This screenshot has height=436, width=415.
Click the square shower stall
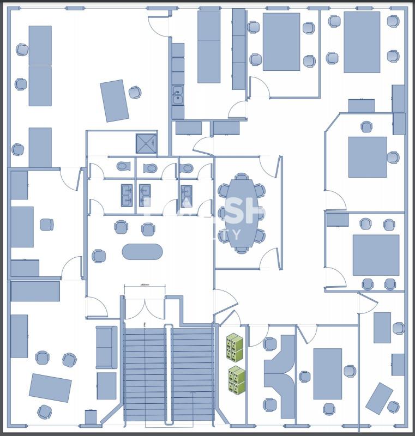(x=146, y=143)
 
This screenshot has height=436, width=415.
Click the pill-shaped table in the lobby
(x=142, y=251)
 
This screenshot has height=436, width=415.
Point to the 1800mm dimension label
(x=145, y=284)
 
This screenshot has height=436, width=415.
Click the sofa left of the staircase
(x=106, y=347)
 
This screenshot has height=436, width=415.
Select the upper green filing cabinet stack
(x=234, y=347)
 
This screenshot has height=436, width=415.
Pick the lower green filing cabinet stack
(x=237, y=380)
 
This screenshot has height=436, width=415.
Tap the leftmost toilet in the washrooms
(x=123, y=166)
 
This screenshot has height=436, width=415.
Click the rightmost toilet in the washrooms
(x=187, y=167)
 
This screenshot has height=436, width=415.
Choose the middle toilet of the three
(x=151, y=168)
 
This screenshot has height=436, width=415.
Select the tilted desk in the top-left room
(x=115, y=101)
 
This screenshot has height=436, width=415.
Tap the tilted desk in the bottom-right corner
(x=379, y=398)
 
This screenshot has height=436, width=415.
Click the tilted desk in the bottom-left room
(x=50, y=387)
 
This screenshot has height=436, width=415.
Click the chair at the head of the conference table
(x=242, y=177)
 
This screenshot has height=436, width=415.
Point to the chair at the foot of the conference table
(x=242, y=249)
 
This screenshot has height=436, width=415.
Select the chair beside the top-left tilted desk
(x=135, y=92)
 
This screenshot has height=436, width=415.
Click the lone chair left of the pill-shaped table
(x=99, y=256)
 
